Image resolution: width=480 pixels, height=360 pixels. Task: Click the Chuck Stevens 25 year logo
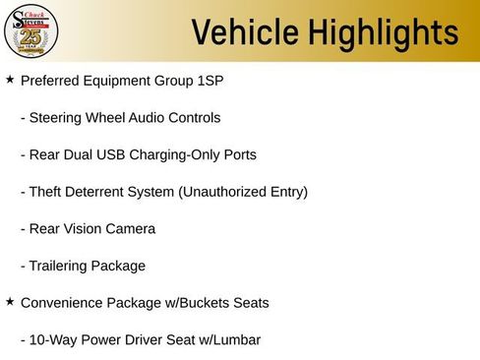(31, 31)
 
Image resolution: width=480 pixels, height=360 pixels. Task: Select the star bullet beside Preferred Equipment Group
(10, 78)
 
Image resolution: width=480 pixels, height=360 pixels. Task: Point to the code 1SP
(209, 81)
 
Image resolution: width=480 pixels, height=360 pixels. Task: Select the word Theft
(46, 192)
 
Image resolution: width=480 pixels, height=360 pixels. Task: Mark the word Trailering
(59, 266)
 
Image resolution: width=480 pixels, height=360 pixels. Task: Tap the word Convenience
(61, 303)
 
